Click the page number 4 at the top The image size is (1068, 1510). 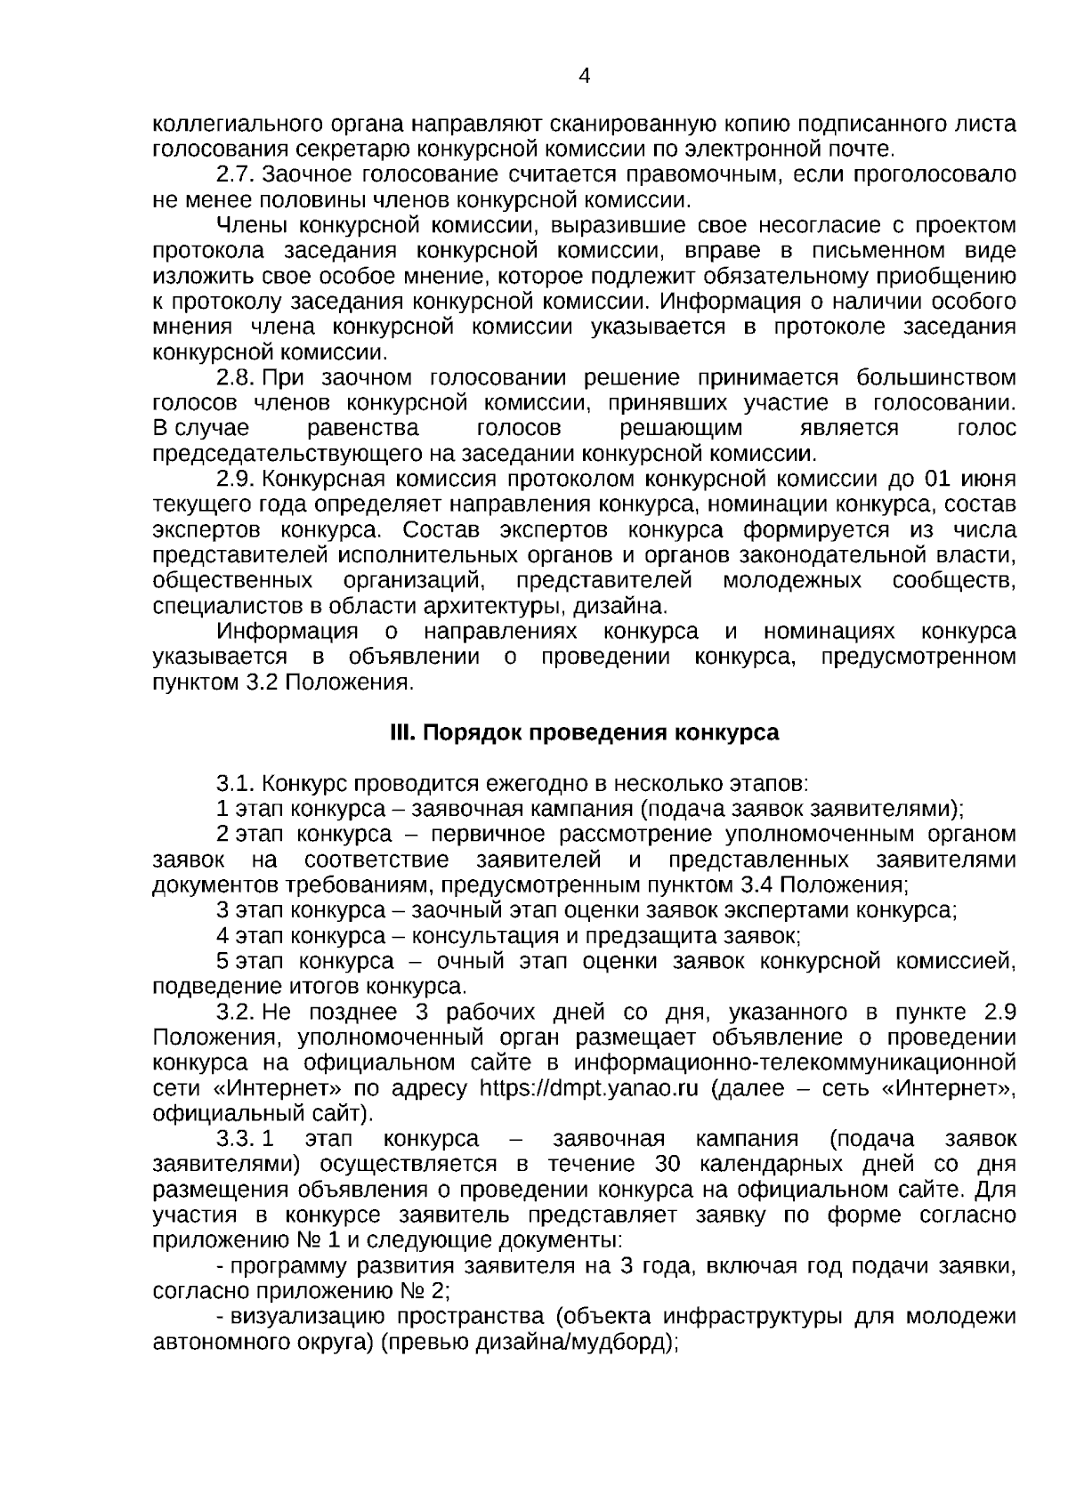click(584, 77)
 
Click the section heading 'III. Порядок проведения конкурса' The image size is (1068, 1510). click(584, 732)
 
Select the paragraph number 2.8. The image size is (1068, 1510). click(236, 377)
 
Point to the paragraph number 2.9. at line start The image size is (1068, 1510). click(236, 480)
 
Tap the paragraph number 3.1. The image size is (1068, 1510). click(236, 784)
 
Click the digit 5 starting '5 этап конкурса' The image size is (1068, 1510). click(222, 961)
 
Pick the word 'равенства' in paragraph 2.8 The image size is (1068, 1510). click(363, 428)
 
